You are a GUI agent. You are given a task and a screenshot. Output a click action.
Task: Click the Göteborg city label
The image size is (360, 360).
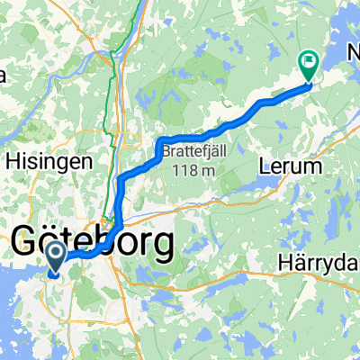click(93, 244)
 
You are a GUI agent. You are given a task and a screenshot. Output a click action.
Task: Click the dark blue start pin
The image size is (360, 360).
click(54, 256)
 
